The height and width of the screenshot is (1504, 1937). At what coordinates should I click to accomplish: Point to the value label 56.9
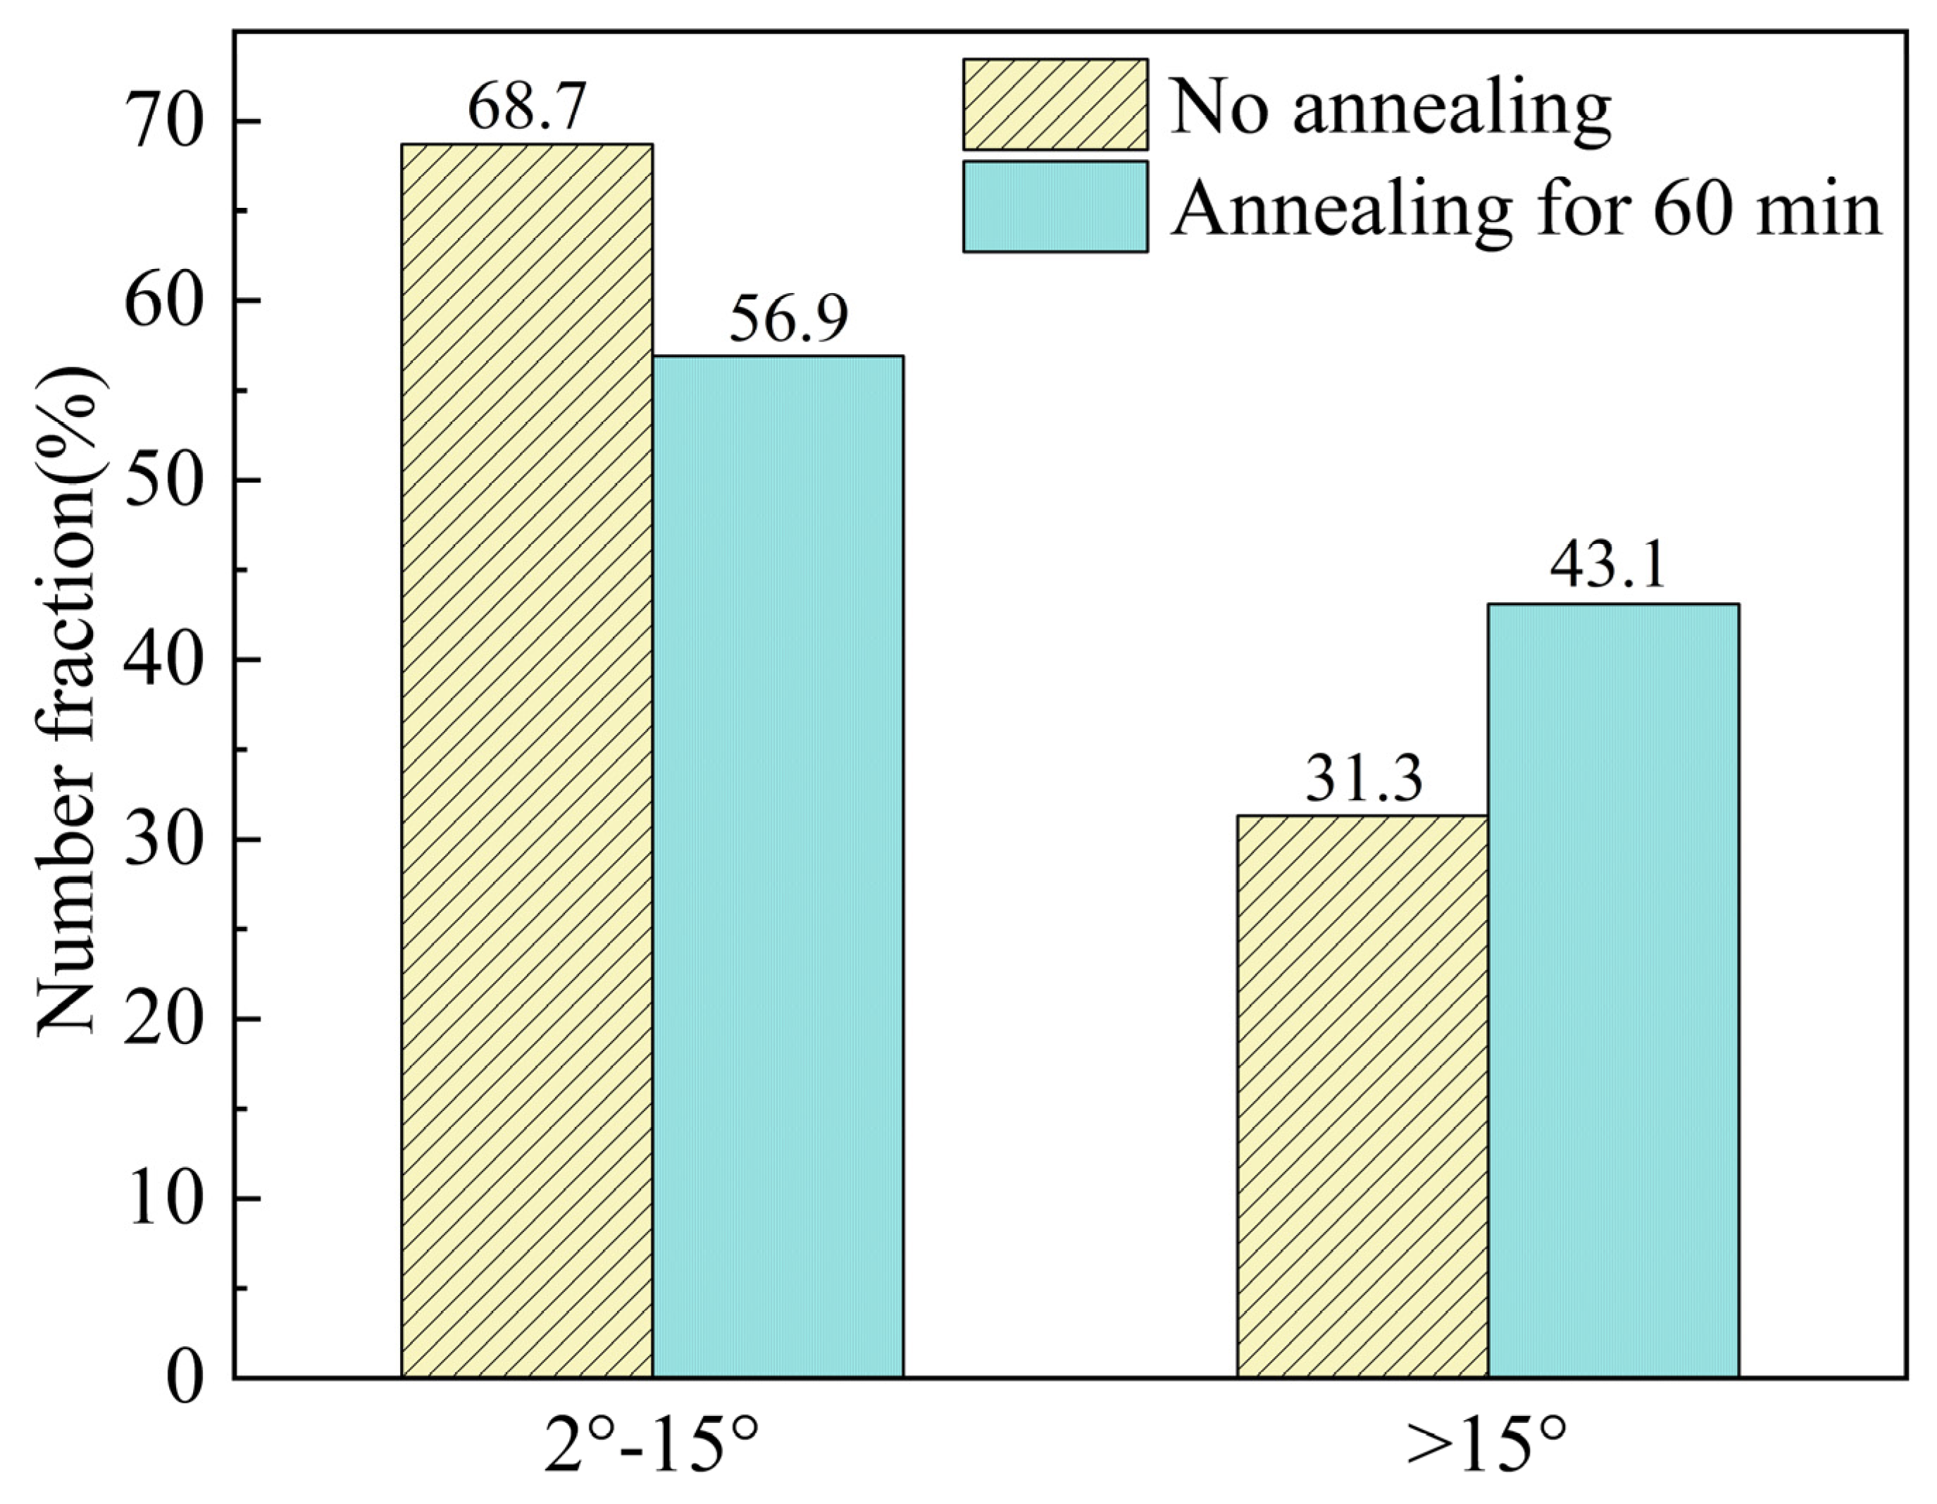coord(788,319)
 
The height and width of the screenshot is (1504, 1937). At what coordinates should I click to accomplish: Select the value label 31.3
coord(1363,778)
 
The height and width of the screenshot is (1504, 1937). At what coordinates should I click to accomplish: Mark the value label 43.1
coord(1608,566)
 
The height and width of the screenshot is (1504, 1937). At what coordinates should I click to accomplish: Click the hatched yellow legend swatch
coord(1055,104)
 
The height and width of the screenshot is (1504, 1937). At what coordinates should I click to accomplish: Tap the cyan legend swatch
coord(1055,206)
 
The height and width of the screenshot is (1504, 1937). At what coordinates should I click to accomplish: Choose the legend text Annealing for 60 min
coord(1526,209)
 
